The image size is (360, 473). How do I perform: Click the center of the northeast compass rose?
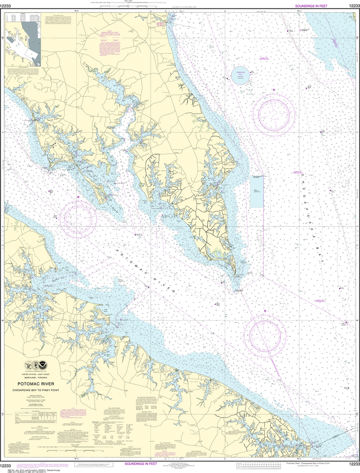pyautogui.click(x=274, y=114)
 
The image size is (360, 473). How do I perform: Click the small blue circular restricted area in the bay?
pyautogui.click(x=240, y=75)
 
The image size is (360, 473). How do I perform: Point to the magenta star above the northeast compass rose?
pyautogui.click(x=274, y=90)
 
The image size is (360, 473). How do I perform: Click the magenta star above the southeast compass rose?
pyautogui.click(x=265, y=311)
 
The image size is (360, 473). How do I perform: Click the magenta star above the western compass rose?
pyautogui.click(x=78, y=197)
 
